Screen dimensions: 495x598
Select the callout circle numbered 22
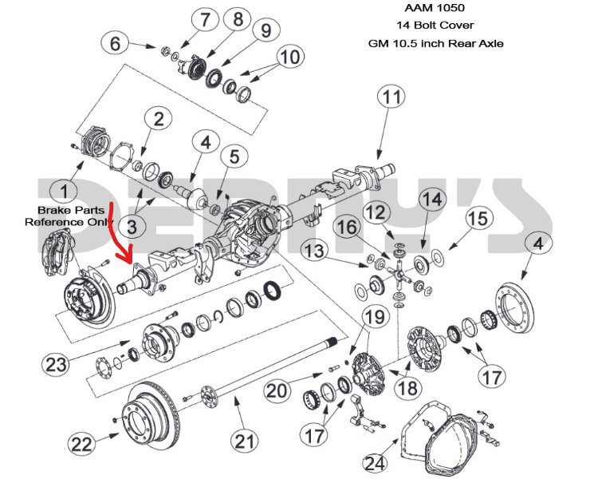click(x=81, y=443)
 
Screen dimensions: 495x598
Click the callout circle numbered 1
click(x=60, y=191)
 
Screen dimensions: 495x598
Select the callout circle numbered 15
click(x=476, y=218)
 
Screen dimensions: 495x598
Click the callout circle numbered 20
click(x=277, y=390)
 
